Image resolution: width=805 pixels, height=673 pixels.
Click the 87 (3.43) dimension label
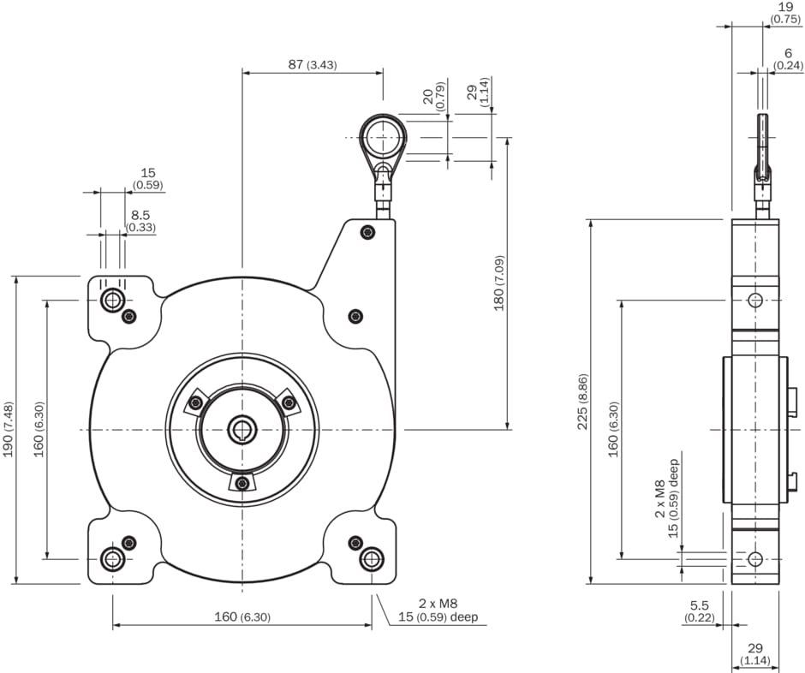313,64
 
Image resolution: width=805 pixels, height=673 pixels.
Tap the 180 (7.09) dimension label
498,283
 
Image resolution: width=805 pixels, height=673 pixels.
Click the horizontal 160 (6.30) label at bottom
241,617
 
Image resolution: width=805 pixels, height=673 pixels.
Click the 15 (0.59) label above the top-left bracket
147,178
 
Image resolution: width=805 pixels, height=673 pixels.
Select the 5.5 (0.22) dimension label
699,612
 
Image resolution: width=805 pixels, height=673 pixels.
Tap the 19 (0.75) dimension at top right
785,12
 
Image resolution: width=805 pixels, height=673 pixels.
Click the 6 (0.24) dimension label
787,58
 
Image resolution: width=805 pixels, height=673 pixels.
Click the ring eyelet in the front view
382,137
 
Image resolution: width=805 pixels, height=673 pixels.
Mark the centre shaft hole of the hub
242,429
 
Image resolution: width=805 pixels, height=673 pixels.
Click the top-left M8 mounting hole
112,300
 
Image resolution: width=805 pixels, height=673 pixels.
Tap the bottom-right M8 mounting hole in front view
371,559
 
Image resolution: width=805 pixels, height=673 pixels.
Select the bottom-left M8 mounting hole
112,559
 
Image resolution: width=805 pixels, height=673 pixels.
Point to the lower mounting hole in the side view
754,559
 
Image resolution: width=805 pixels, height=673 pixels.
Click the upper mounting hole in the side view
754,300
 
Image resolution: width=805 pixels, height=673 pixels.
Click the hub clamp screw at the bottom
242,484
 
